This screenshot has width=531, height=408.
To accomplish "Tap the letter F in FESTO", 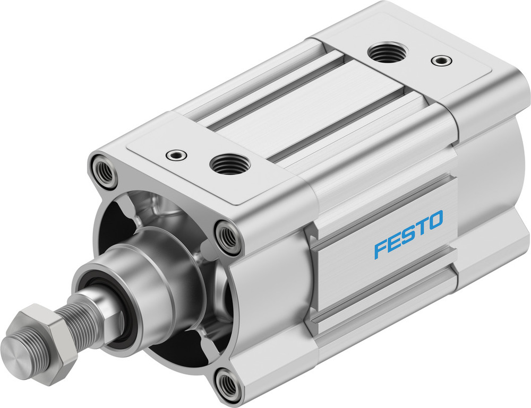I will (380, 248).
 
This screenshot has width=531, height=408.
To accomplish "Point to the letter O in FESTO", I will (434, 220).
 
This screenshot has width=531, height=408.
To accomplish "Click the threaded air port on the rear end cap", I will (386, 53).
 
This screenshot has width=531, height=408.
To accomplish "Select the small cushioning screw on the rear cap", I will (439, 60).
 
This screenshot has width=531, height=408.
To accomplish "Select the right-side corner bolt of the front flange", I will (228, 238).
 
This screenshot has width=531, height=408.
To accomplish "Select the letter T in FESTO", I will (421, 227).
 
